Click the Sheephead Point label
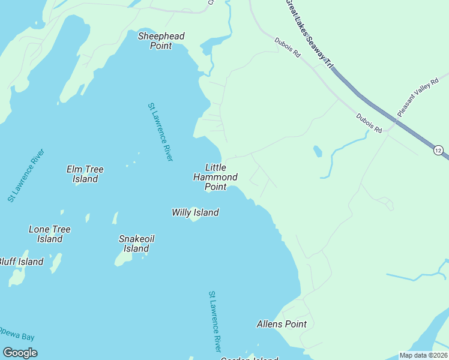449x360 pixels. (x=161, y=41)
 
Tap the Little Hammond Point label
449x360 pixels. (x=215, y=177)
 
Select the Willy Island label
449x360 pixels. (x=195, y=212)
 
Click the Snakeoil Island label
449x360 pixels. (x=136, y=244)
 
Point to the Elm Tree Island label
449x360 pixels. (x=85, y=174)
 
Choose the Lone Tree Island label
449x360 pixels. (x=50, y=234)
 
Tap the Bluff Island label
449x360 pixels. (x=21, y=262)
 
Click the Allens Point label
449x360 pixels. (x=282, y=324)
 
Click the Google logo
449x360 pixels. (x=20, y=353)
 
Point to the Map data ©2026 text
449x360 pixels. (x=423, y=355)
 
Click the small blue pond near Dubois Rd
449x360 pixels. (x=317, y=151)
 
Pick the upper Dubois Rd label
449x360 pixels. (x=287, y=47)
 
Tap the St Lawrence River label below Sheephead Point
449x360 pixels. (x=160, y=132)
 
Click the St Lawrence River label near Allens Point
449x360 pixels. (x=215, y=322)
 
